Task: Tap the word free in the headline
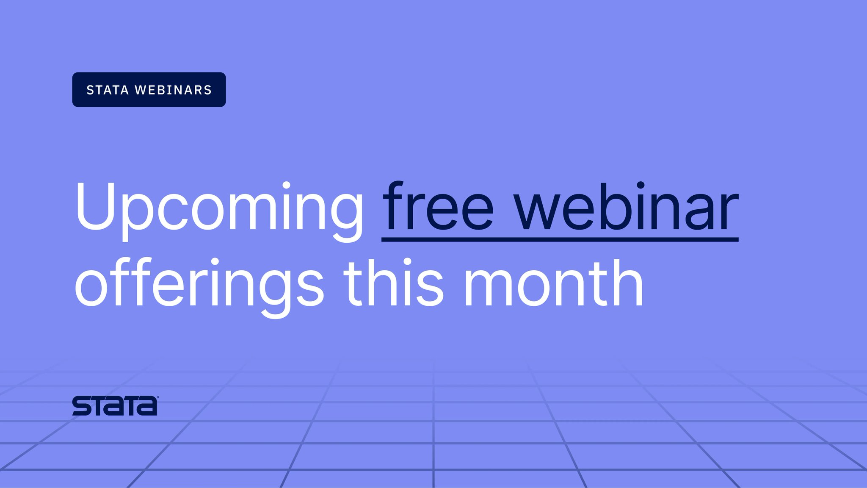(x=438, y=208)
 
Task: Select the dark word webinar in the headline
(x=626, y=208)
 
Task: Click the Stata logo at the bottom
(x=115, y=406)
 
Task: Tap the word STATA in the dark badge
(x=108, y=90)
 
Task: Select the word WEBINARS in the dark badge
(x=173, y=90)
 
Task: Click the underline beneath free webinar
(x=560, y=240)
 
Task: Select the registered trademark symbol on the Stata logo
(x=158, y=397)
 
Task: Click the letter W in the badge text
(x=141, y=90)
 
